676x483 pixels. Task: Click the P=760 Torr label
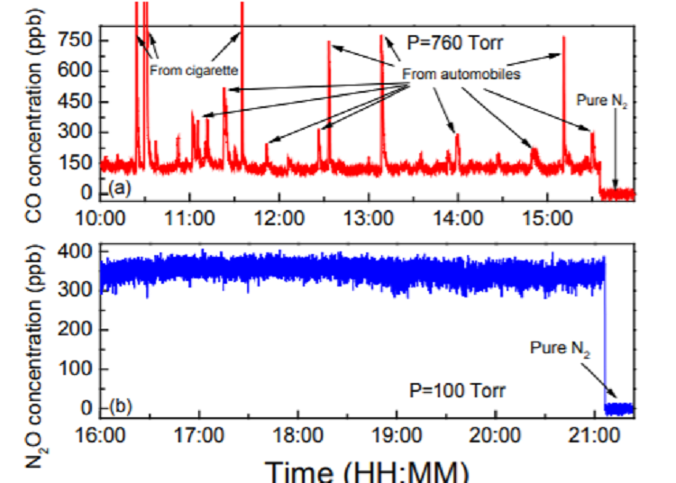(454, 41)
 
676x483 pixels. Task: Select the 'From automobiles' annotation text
(461, 75)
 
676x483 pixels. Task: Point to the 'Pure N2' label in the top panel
(601, 102)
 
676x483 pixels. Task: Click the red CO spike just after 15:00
(563, 90)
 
